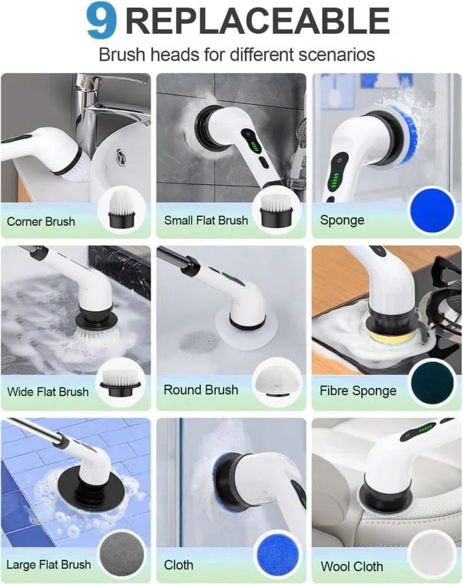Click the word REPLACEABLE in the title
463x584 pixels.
click(x=257, y=22)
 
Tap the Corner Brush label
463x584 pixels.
click(x=41, y=222)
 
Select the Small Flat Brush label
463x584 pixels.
click(x=205, y=221)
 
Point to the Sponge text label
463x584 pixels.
click(x=342, y=220)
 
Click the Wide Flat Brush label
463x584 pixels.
click(x=47, y=392)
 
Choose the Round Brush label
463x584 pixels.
click(x=201, y=390)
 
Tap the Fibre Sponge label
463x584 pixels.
click(x=358, y=391)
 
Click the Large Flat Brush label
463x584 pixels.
click(x=49, y=565)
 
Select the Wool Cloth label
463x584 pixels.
click(x=351, y=566)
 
